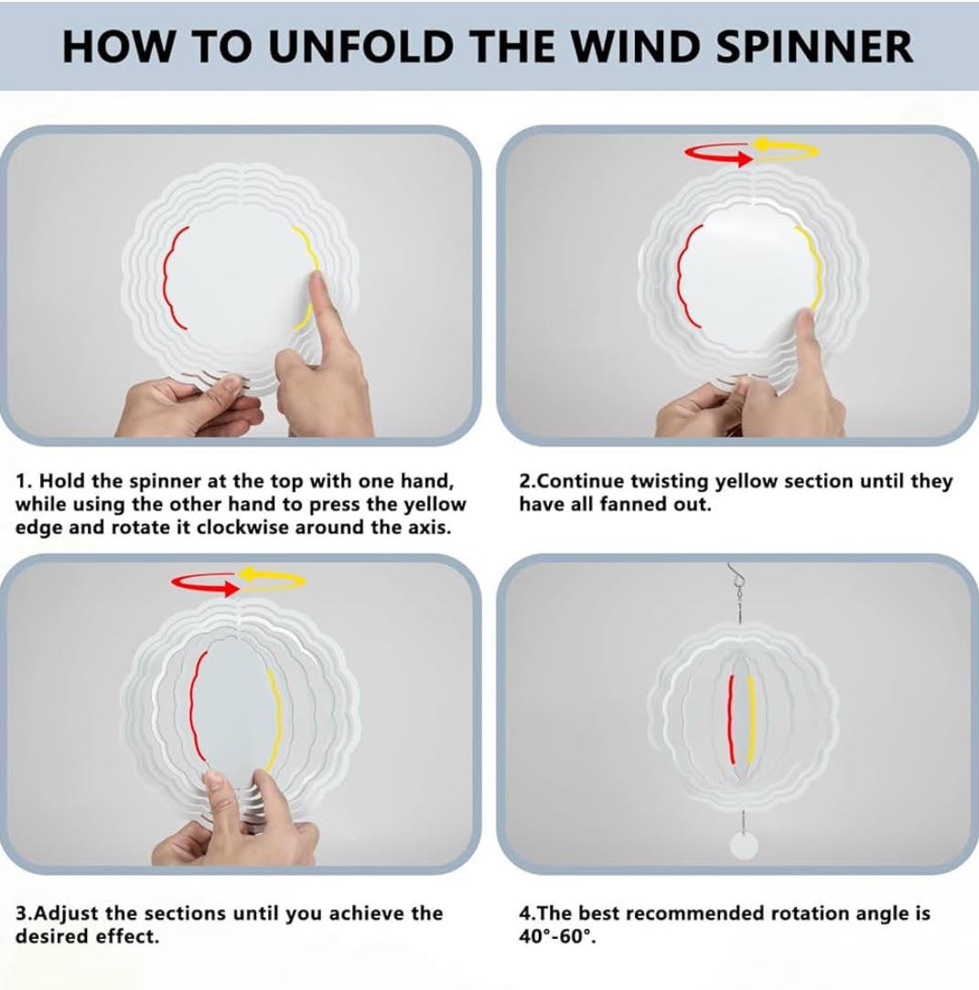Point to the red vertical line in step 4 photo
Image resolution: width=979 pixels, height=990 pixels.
[x=732, y=718]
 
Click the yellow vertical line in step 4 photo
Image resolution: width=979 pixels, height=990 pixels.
[x=750, y=718]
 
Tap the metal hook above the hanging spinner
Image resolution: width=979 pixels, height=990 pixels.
[x=734, y=576]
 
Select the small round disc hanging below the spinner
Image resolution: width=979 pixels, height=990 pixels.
[x=744, y=845]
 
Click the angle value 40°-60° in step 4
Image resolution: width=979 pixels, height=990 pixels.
[x=556, y=936]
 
